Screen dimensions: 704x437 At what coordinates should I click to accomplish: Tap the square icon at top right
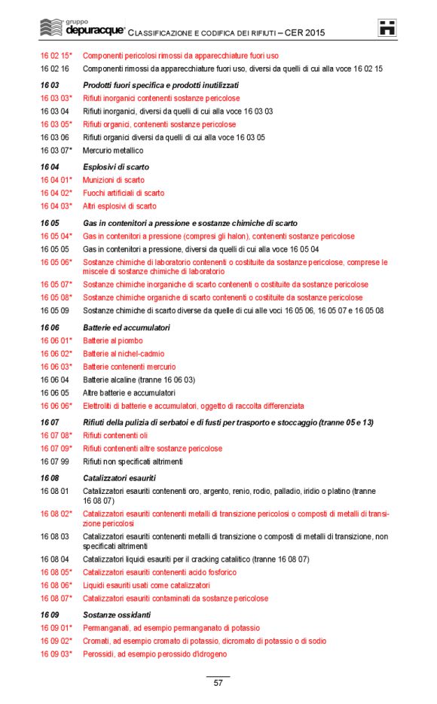tap(387, 28)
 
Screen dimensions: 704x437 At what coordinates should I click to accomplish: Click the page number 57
tap(218, 683)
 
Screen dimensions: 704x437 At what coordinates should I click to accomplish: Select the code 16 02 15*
tap(56, 56)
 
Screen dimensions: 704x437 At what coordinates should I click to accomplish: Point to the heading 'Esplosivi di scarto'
tap(116, 166)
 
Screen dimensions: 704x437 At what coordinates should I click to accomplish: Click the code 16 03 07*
tap(56, 151)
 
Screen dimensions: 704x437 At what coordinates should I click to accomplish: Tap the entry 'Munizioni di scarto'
tap(114, 180)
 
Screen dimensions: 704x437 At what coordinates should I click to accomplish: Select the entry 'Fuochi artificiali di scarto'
tap(124, 194)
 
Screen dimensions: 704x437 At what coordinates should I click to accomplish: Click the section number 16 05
tap(50, 224)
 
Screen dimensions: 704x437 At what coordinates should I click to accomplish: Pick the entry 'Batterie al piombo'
tap(113, 341)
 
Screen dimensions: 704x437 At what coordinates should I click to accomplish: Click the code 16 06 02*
tap(56, 354)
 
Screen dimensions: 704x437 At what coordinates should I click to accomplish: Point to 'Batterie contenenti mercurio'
tap(129, 367)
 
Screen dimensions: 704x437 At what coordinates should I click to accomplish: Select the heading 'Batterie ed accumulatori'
tap(127, 328)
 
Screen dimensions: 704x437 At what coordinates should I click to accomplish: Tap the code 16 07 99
tap(54, 462)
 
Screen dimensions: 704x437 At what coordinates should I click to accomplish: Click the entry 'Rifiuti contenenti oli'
tap(115, 435)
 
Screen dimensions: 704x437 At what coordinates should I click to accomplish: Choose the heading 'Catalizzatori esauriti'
tap(119, 478)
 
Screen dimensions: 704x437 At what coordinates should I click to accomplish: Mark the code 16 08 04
tap(54, 559)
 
